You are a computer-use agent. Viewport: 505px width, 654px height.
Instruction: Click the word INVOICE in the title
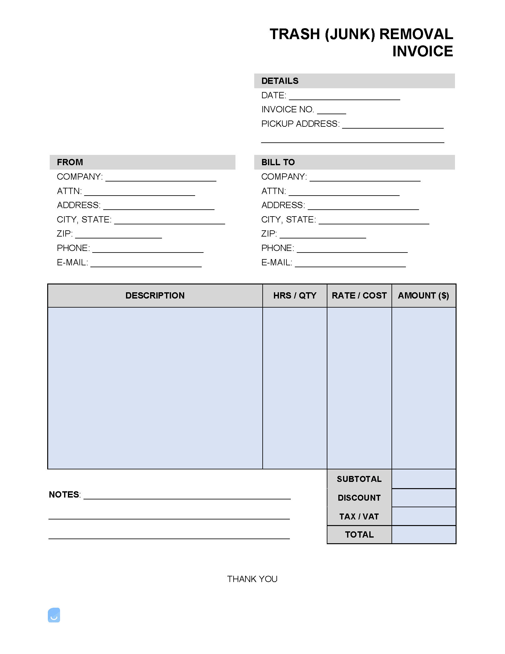(x=422, y=51)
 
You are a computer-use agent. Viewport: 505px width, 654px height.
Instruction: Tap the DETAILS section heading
(x=280, y=81)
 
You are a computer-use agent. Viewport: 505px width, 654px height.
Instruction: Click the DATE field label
(x=274, y=95)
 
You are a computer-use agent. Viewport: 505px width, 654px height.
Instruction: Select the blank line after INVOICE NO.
(x=331, y=112)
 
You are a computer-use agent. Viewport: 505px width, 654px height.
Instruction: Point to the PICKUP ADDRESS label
(x=300, y=124)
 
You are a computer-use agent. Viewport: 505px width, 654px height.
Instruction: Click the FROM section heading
(x=70, y=162)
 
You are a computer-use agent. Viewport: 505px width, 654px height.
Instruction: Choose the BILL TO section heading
(x=278, y=162)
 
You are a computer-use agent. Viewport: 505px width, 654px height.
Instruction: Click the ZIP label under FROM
(x=65, y=234)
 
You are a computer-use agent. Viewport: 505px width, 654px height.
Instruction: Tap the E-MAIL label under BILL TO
(x=277, y=263)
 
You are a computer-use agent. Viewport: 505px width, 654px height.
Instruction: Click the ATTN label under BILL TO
(x=274, y=191)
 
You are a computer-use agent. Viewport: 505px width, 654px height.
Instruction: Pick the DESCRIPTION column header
(x=155, y=296)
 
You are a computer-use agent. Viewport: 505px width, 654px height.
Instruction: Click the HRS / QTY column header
(x=295, y=296)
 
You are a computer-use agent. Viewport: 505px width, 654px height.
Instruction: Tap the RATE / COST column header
(x=359, y=296)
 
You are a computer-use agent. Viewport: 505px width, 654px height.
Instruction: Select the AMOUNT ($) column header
(x=423, y=296)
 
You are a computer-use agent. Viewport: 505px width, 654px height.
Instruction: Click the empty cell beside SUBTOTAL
(x=424, y=479)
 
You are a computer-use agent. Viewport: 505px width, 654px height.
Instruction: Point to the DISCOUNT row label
(x=359, y=498)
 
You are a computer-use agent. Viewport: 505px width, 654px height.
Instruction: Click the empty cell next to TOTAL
(x=424, y=535)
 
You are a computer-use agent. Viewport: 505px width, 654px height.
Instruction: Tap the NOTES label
(x=64, y=495)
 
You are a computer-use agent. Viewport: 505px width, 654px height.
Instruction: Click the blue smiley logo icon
(x=54, y=615)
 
